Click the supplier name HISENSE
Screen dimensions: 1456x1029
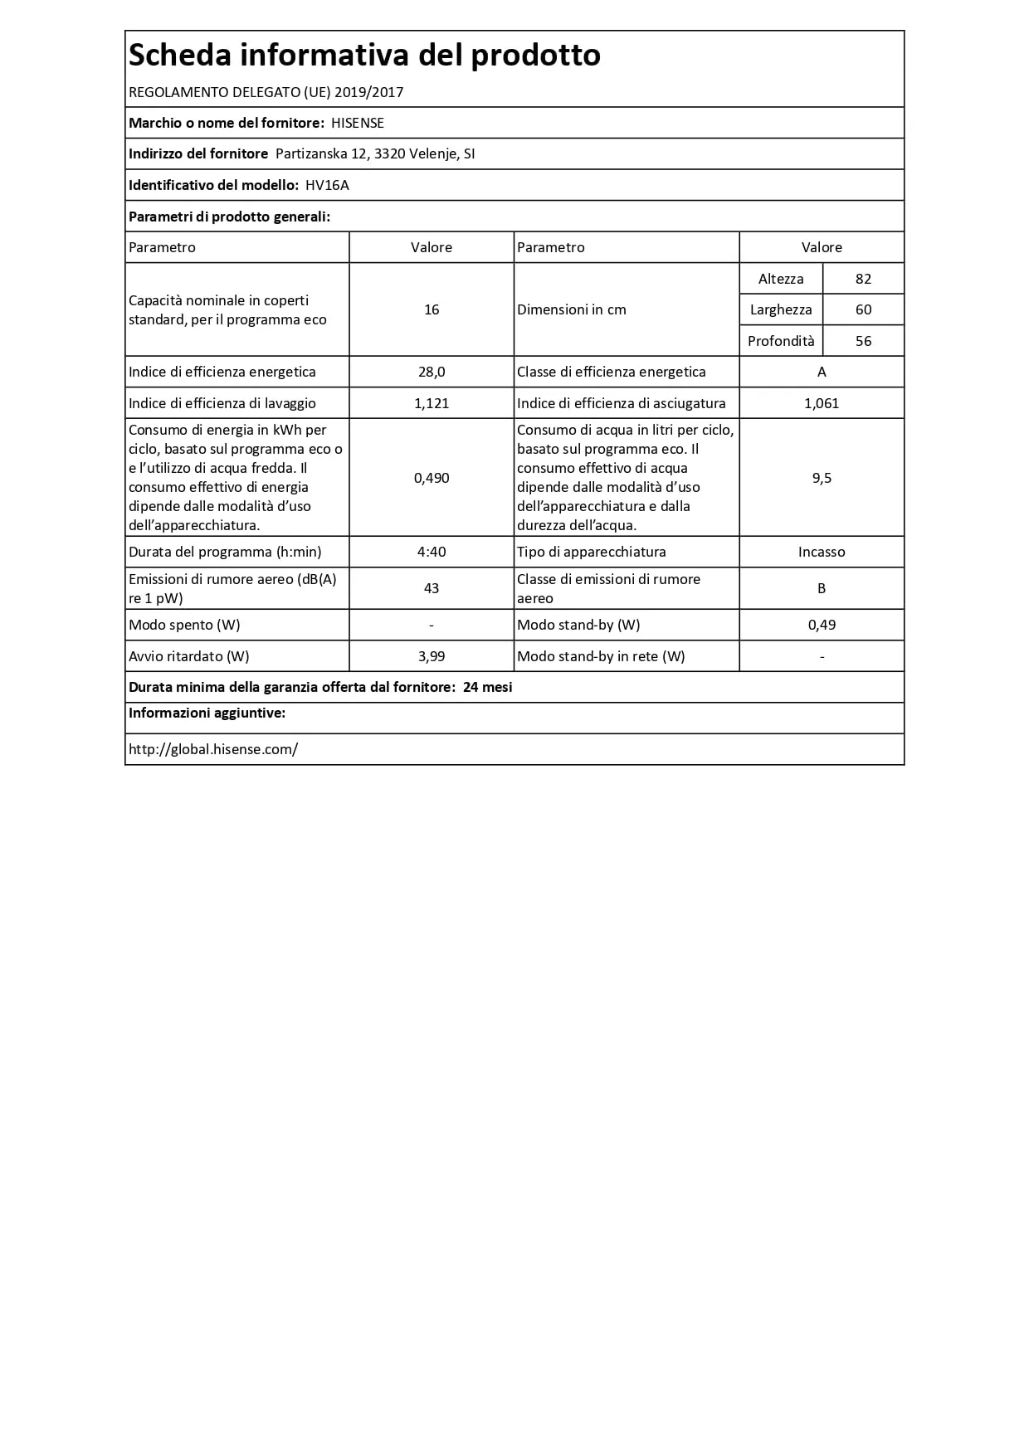pyautogui.click(x=358, y=123)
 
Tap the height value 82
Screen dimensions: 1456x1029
pyautogui.click(x=863, y=279)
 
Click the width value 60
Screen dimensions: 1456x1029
pyautogui.click(x=863, y=309)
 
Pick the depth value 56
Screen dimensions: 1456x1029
pyautogui.click(x=863, y=341)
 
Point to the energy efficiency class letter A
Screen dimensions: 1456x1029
pyautogui.click(x=822, y=372)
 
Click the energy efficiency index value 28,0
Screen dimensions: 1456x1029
pyautogui.click(x=432, y=372)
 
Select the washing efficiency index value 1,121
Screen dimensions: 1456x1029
pyautogui.click(x=432, y=403)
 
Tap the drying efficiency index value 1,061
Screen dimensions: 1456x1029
pyautogui.click(x=822, y=403)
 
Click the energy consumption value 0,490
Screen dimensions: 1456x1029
pyautogui.click(x=432, y=478)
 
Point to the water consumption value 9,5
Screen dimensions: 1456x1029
pyautogui.click(x=822, y=478)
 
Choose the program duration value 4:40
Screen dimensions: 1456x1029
pyautogui.click(x=432, y=552)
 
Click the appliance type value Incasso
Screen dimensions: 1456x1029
pyautogui.click(x=822, y=552)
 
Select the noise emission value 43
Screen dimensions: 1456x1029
pyautogui.click(x=432, y=588)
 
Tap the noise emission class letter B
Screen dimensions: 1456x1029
pyautogui.click(x=822, y=588)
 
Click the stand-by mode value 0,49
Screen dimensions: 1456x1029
pyautogui.click(x=822, y=625)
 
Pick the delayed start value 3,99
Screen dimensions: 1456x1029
pyautogui.click(x=432, y=656)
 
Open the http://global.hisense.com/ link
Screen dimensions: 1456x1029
pyautogui.click(x=213, y=749)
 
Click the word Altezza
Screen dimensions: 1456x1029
pyautogui.click(x=781, y=279)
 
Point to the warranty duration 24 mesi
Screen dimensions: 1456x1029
pyautogui.click(x=488, y=687)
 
